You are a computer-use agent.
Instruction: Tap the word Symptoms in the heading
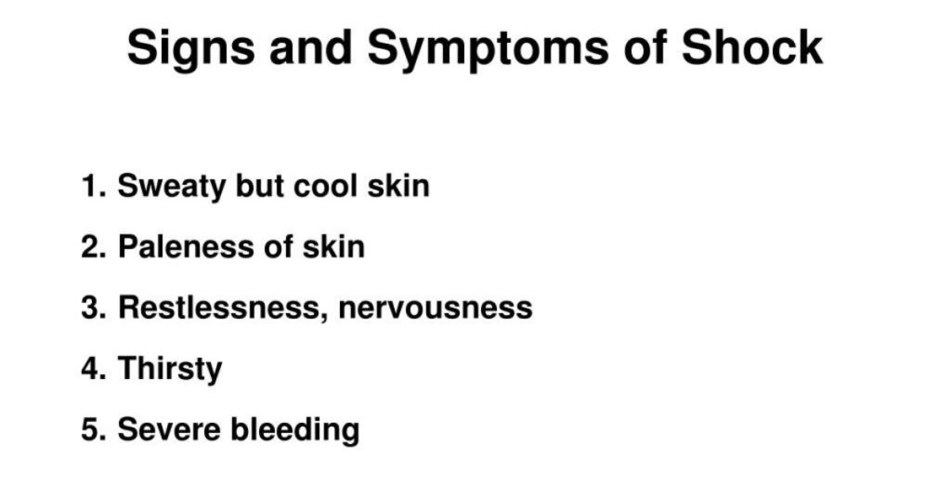pos(488,48)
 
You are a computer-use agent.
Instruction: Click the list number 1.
pos(94,186)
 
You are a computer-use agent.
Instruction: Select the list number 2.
pos(94,247)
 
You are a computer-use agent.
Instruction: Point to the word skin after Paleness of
pos(333,247)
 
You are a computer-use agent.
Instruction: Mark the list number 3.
pos(94,308)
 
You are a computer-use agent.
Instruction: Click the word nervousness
pos(436,308)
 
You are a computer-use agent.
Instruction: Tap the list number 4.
pos(94,369)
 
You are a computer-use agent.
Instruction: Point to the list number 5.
pos(94,429)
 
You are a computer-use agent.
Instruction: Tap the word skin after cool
pos(398,186)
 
